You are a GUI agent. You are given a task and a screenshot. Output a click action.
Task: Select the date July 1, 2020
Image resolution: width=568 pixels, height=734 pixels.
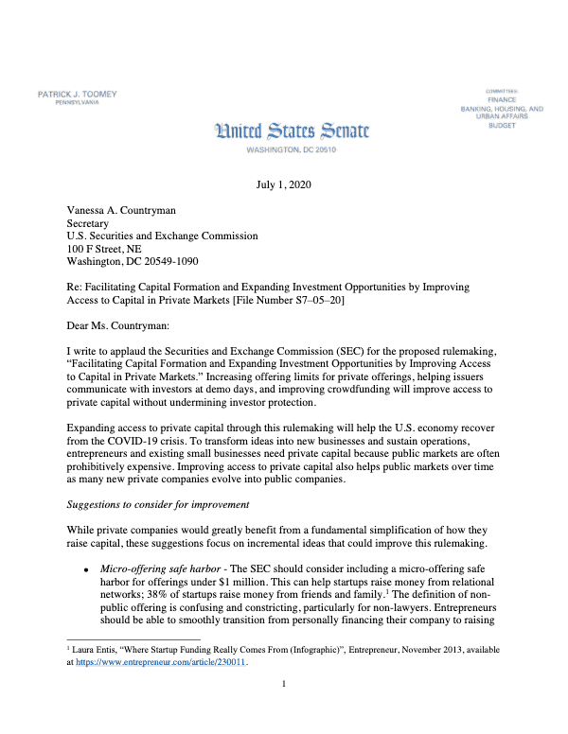pyautogui.click(x=283, y=186)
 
